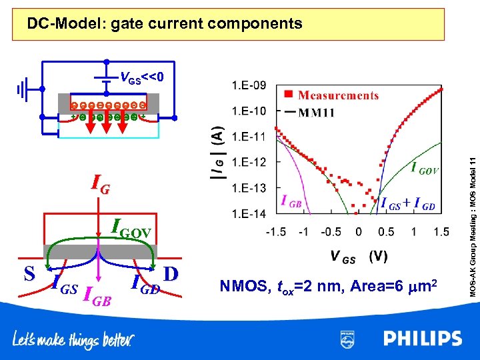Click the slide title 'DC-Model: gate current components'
pyautogui.click(x=164, y=25)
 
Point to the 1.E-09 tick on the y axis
pyautogui.click(x=249, y=85)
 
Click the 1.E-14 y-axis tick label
pyautogui.click(x=249, y=213)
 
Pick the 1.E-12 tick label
pyautogui.click(x=249, y=162)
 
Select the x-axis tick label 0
pyautogui.click(x=359, y=231)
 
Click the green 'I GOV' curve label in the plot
pyautogui.click(x=425, y=169)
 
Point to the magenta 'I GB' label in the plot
pyautogui.click(x=294, y=199)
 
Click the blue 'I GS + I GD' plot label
pyautogui.click(x=407, y=204)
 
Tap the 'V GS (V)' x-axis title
pyautogui.click(x=358, y=257)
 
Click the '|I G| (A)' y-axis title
pyautogui.click(x=217, y=153)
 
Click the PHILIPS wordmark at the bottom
pyautogui.click(x=422, y=339)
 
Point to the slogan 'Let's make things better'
pyautogui.click(x=73, y=340)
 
